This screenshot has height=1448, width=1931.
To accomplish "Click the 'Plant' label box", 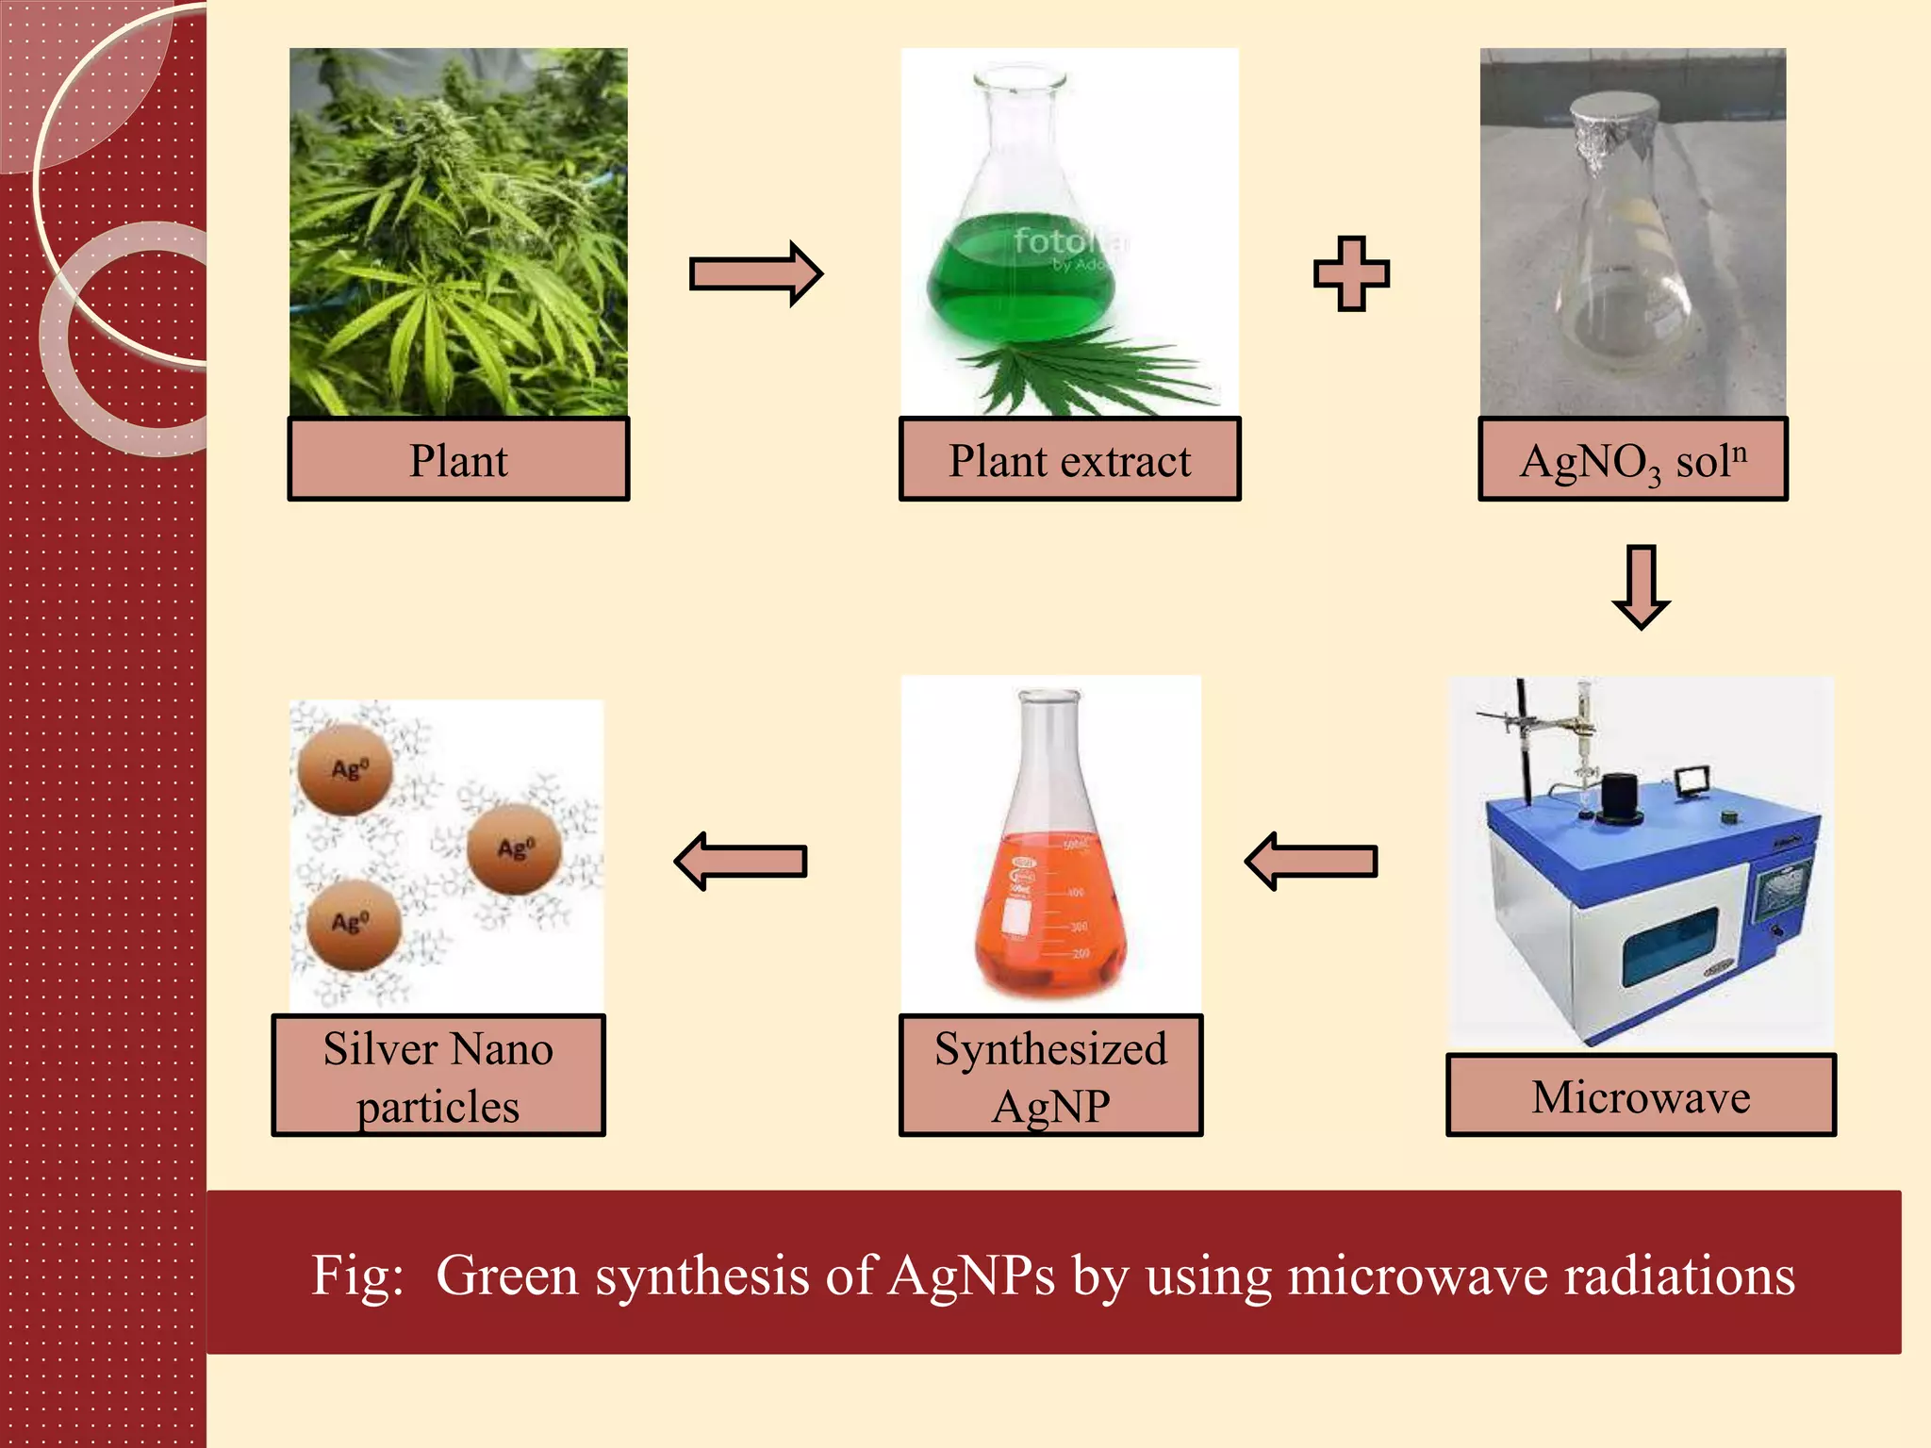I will point(458,459).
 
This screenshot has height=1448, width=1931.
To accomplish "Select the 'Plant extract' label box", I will point(1069,459).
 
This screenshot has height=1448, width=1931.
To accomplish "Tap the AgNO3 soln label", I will point(1632,459).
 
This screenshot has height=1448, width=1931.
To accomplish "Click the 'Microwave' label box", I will point(1641,1095).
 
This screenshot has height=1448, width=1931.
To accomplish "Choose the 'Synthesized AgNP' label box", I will point(1050,1076).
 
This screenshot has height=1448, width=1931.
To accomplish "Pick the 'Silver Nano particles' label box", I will point(438,1076).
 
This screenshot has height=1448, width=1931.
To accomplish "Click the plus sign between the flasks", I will point(1351,273).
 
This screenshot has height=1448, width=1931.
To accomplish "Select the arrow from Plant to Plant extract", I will point(755,273).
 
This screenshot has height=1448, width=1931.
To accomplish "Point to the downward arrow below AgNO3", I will point(1641,585).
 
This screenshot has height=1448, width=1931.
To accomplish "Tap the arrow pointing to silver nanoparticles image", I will point(741,861).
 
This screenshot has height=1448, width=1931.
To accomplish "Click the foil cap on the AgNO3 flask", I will point(1614,127).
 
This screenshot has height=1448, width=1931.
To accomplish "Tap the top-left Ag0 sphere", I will point(345,769).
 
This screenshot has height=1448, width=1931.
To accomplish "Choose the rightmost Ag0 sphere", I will point(515,848).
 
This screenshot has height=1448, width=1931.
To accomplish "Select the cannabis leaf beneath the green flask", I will point(1084,377).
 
